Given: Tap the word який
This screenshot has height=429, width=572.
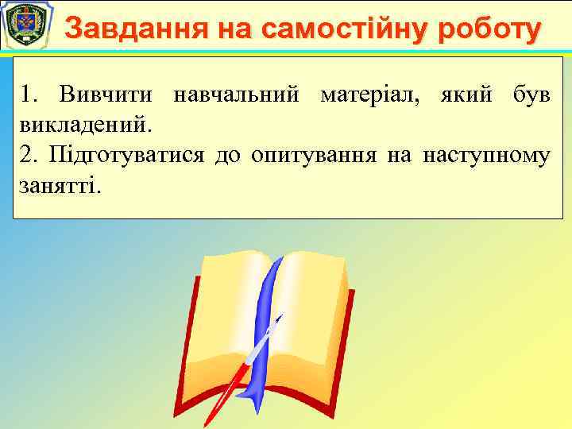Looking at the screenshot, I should (x=462, y=95).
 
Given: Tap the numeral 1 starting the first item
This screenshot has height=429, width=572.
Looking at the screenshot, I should (x=28, y=95).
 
